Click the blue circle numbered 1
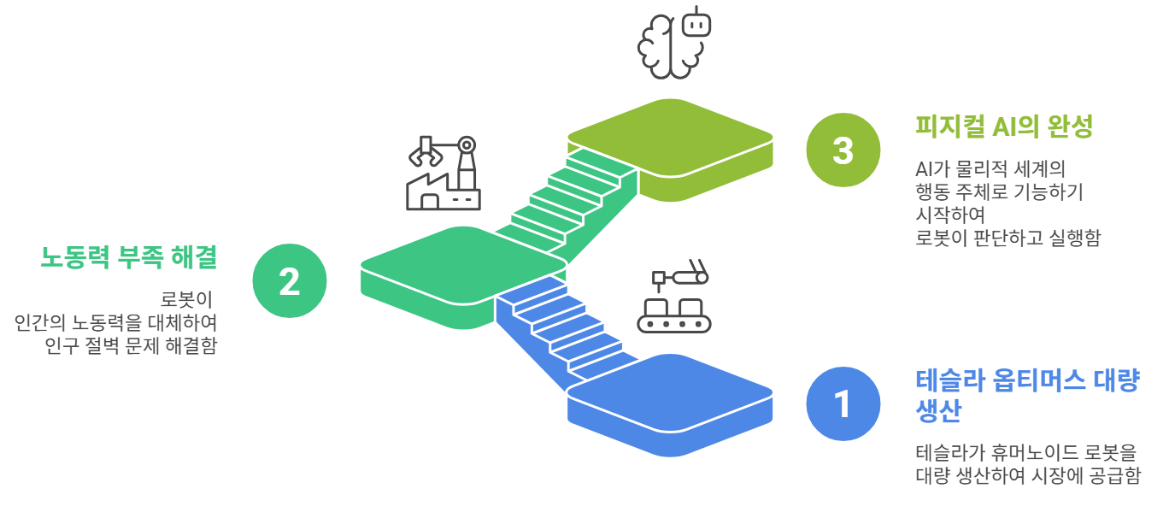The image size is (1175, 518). tap(843, 403)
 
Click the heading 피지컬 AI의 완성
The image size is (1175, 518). tap(1004, 127)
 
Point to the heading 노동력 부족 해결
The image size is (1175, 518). tap(129, 256)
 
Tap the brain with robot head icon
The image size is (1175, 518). tap(674, 44)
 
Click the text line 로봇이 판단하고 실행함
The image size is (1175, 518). tap(1007, 238)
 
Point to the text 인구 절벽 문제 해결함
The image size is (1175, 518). tap(131, 346)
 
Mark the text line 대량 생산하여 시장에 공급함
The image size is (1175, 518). tap(1027, 476)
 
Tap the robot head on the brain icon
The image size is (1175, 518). tap(696, 23)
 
